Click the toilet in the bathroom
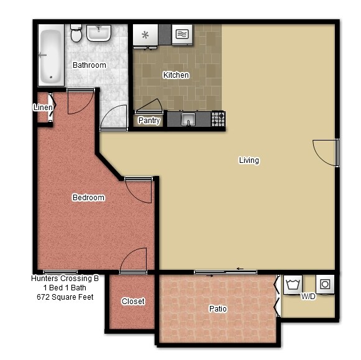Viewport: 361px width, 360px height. (76, 33)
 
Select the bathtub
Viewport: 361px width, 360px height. (51, 55)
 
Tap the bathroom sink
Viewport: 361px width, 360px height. (99, 33)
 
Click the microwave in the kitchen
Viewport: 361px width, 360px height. (182, 35)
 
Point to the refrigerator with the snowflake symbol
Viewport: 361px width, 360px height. (145, 35)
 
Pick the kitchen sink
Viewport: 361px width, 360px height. (188, 119)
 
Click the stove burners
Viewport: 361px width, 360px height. (218, 119)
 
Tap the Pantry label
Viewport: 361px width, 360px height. (149, 120)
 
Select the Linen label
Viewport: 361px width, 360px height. (43, 107)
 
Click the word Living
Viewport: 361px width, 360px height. (249, 160)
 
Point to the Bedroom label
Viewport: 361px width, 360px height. (88, 197)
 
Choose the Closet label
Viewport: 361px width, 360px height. (133, 301)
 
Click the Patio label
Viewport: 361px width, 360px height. (218, 308)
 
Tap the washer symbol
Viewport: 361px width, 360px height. (293, 284)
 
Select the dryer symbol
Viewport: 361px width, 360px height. (325, 284)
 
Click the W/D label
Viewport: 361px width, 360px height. (308, 296)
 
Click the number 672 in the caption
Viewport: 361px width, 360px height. (43, 297)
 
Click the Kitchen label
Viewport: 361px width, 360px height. (176, 75)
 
